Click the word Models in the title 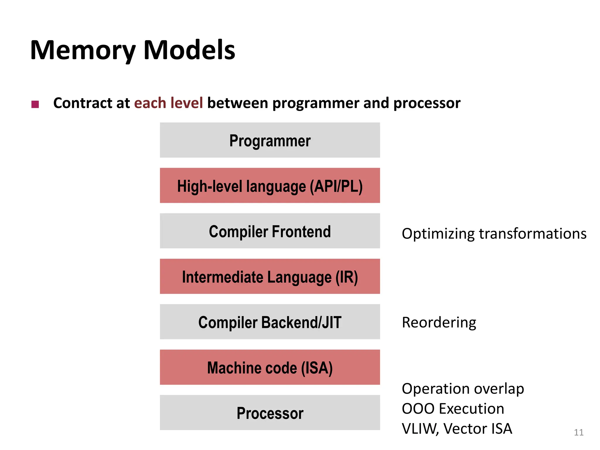tap(189, 50)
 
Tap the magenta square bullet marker tap(35, 104)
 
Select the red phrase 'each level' tap(168, 103)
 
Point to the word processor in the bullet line tap(427, 103)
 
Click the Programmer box tap(270, 140)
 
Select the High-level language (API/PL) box tap(270, 186)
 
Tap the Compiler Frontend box tap(270, 231)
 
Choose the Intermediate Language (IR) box tap(270, 277)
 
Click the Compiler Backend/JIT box tap(270, 322)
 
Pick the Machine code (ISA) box tap(270, 367)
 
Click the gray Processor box tap(270, 413)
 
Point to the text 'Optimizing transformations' tap(494, 234)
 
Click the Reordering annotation tap(439, 323)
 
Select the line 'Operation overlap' tap(463, 389)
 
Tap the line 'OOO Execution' tap(453, 409)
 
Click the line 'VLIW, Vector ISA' tap(457, 429)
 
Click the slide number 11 tap(579, 432)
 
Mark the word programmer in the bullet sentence tap(315, 103)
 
